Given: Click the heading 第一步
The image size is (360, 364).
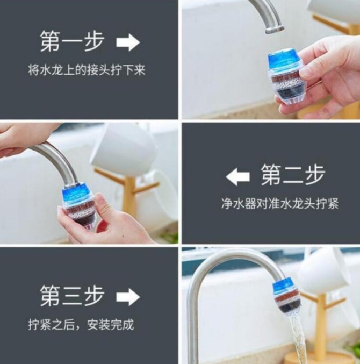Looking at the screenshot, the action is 72,42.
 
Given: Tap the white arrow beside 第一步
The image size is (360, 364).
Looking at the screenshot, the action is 128,42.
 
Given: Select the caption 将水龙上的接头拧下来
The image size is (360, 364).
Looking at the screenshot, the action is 87,70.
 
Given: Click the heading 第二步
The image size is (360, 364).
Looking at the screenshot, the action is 293,175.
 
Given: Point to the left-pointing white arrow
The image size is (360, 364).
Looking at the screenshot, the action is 237,177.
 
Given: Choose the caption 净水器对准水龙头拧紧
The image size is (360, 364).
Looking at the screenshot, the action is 280,204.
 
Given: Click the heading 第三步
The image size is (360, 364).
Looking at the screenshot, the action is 72,296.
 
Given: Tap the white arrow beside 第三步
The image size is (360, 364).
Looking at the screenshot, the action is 128,297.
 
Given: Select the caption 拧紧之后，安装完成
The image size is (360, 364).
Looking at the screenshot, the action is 81,324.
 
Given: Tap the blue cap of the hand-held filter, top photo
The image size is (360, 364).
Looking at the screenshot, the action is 284,60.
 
